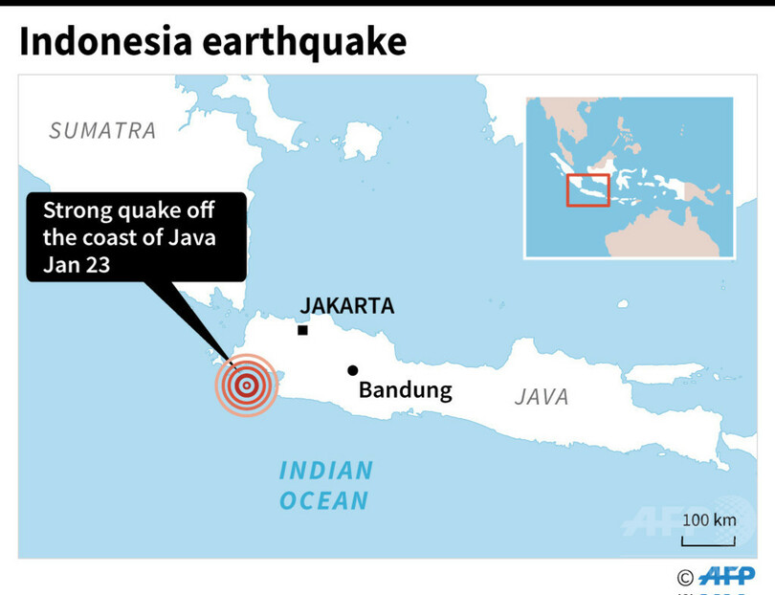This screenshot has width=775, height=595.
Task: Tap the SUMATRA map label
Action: [x=102, y=130]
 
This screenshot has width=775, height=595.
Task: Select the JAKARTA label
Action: [x=346, y=306]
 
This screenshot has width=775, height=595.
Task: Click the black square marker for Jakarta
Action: [x=302, y=330]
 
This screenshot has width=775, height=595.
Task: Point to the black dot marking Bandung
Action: [x=353, y=370]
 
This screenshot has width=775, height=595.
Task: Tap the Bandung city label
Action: [x=405, y=390]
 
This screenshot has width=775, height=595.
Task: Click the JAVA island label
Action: [x=542, y=396]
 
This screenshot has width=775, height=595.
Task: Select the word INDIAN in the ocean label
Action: [x=325, y=471]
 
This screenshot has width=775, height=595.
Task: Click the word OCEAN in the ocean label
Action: [x=324, y=499]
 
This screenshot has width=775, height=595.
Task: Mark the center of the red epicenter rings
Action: [x=246, y=386]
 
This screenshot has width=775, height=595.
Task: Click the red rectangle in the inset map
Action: [x=587, y=189]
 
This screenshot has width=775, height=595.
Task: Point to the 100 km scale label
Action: [x=709, y=520]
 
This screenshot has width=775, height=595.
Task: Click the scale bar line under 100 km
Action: [x=709, y=542]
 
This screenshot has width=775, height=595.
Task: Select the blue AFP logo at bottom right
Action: [x=726, y=576]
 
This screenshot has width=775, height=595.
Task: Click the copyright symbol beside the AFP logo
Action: [x=684, y=577]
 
